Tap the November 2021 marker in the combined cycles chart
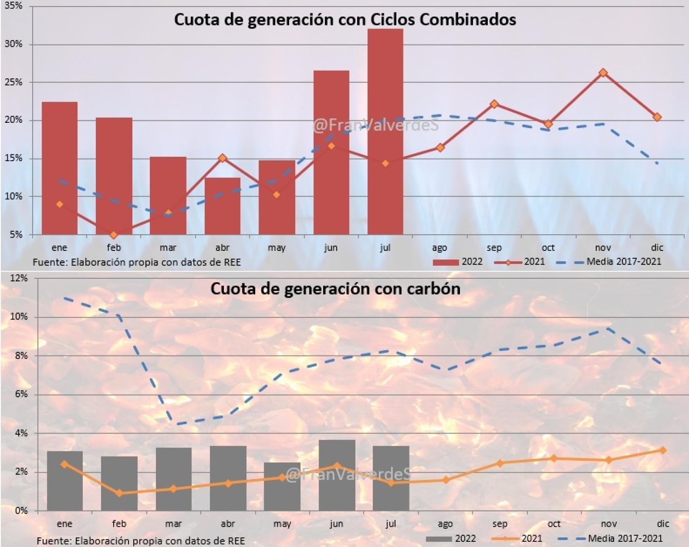[x=603, y=73]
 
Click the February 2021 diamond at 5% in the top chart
[x=113, y=235]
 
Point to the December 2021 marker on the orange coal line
[x=663, y=450]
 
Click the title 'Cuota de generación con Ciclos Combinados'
[x=345, y=19]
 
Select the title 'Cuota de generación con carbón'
[x=335, y=289]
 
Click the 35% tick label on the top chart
[x=13, y=6]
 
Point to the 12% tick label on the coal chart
[x=19, y=278]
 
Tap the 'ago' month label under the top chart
[x=439, y=248]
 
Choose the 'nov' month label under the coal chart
[x=609, y=524]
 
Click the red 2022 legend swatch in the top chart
[x=445, y=262]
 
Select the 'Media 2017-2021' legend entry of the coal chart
[x=625, y=539]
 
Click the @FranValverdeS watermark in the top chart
[x=376, y=125]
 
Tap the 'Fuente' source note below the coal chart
[x=141, y=541]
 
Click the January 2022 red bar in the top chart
[x=59, y=168]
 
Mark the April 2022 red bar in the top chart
[x=222, y=206]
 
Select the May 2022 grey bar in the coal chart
[x=282, y=487]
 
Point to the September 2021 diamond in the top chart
[x=494, y=104]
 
